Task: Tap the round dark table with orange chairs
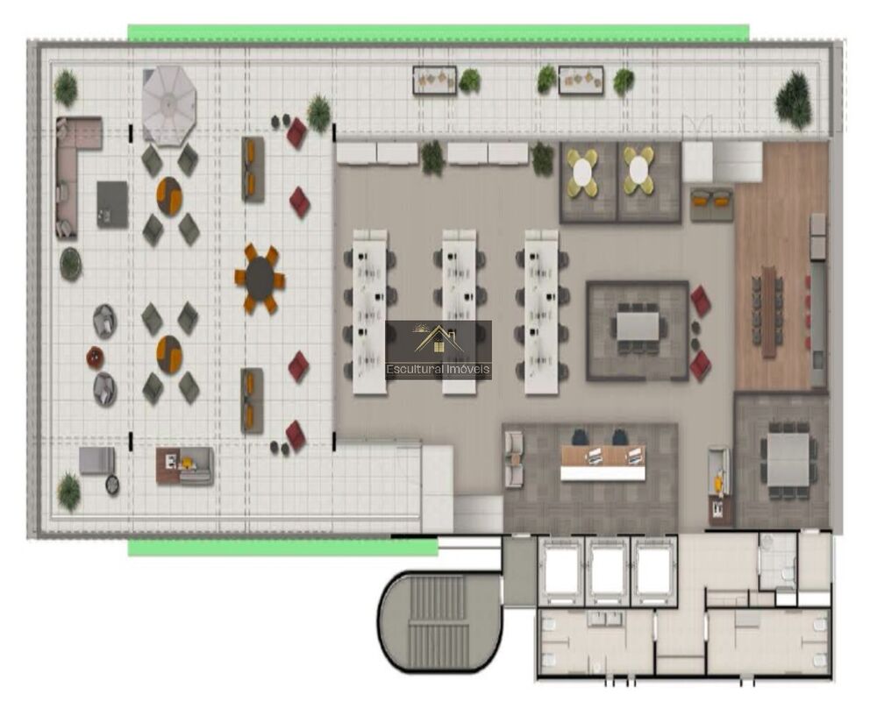260,278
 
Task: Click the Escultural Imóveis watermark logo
438,350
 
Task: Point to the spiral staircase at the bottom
439,620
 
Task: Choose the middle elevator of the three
608,571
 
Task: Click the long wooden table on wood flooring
769,310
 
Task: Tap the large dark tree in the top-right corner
793,100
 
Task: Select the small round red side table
95,358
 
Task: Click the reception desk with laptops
603,463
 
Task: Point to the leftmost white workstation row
370,311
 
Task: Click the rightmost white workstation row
541,311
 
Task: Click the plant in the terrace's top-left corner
66,88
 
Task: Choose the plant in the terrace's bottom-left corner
68,491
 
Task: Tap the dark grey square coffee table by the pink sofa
112,204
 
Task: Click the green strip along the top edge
438,32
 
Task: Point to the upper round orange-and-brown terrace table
169,196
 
